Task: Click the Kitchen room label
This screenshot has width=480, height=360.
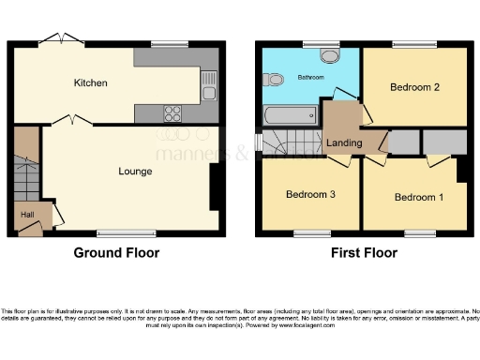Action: click(91, 83)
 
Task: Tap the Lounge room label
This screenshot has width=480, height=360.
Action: click(135, 172)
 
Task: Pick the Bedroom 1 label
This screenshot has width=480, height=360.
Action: click(417, 197)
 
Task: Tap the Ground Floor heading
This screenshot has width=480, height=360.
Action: click(117, 253)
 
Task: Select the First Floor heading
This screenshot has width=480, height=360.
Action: click(364, 253)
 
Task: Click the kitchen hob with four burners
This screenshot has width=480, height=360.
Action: click(173, 113)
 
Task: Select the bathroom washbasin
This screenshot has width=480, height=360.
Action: click(330, 55)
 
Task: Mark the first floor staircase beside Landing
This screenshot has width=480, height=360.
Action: click(281, 145)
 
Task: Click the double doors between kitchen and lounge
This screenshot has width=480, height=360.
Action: click(67, 121)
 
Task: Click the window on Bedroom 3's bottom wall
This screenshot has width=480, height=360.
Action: click(309, 232)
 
